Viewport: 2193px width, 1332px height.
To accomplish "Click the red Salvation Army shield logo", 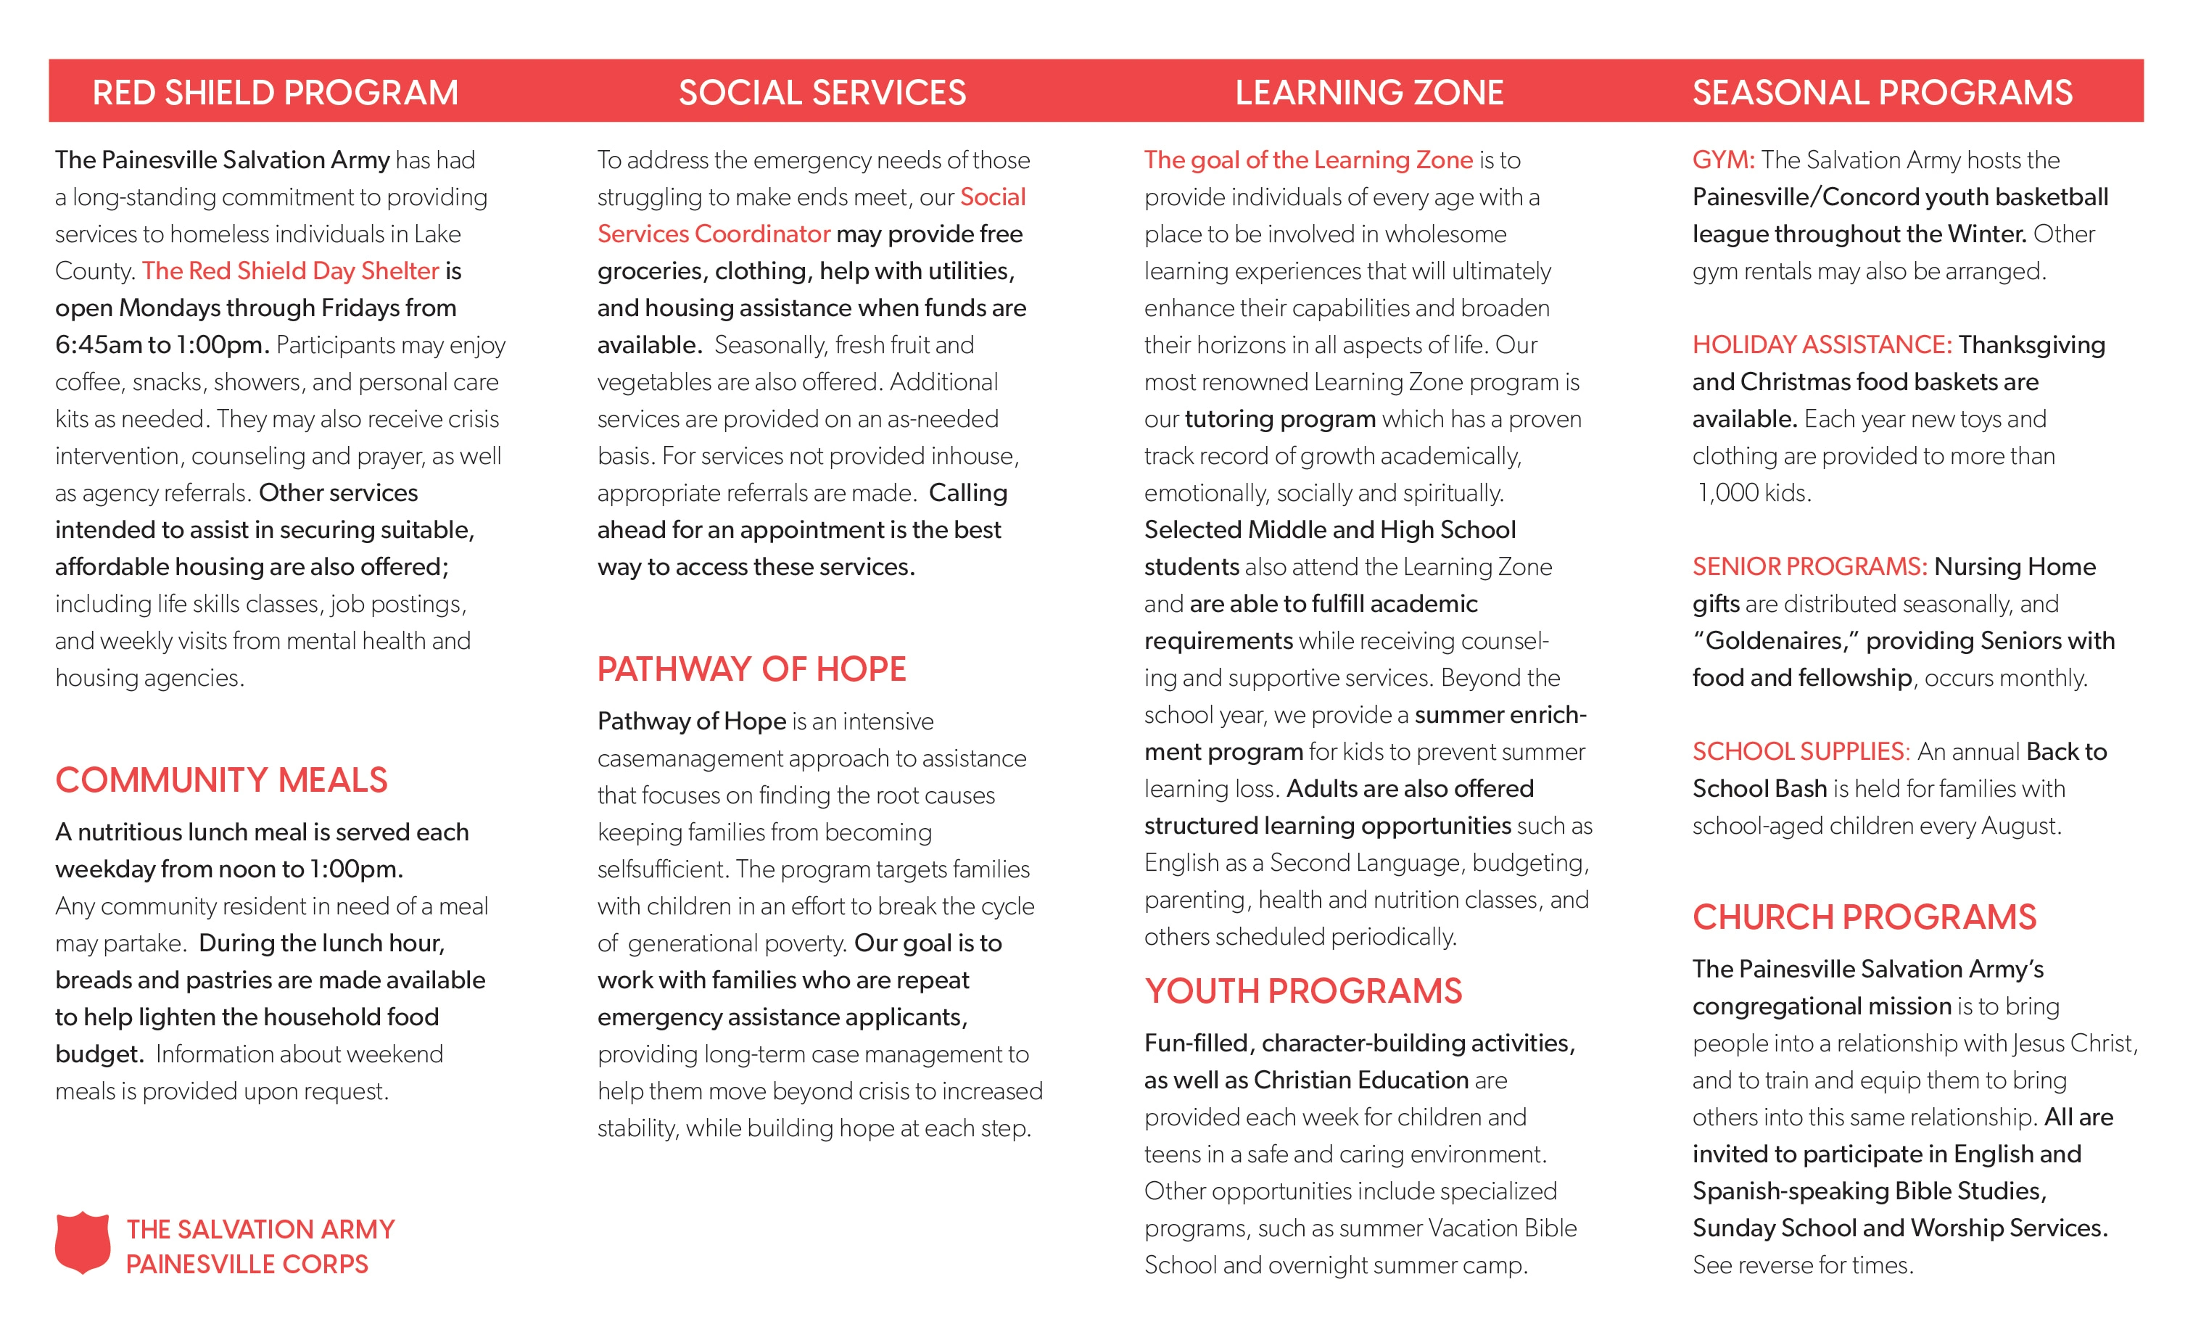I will coord(83,1242).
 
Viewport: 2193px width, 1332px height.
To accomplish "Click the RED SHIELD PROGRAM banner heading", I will coord(275,93).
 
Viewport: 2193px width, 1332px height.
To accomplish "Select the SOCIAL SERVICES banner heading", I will coord(822,93).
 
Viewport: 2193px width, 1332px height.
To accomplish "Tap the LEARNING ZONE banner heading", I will coord(1369,93).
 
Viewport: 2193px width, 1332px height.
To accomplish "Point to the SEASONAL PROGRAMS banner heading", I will coord(1881,93).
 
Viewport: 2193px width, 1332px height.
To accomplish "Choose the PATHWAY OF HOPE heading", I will coord(751,669).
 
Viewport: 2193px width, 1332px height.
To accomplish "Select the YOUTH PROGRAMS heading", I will coord(1303,991).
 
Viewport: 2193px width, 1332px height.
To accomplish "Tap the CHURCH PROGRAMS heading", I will coord(1864,917).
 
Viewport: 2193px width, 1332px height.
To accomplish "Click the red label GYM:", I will coord(1723,160).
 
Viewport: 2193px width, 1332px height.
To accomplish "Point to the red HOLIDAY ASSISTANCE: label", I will coord(1821,345).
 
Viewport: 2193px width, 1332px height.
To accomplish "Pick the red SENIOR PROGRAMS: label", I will coord(1809,567).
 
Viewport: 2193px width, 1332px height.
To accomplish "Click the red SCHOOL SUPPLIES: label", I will coord(1800,752).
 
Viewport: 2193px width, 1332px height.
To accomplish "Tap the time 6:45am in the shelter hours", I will coord(98,345).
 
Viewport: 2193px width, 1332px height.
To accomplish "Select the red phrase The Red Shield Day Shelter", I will coord(290,271).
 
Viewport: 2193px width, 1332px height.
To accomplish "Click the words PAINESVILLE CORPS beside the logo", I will coord(247,1265).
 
